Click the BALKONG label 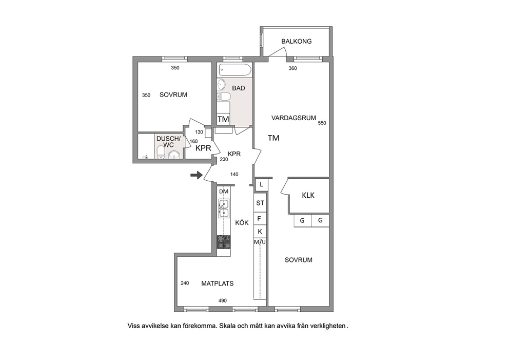click(297, 41)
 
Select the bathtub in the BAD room click(236, 69)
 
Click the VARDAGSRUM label click(293, 118)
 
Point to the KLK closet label click(308, 195)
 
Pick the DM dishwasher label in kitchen click(224, 192)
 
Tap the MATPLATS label click(217, 283)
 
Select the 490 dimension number click(222, 300)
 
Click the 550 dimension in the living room click(322, 123)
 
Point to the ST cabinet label click(260, 203)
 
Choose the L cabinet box click(261, 184)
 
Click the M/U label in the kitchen click(260, 242)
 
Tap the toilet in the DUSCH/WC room click(161, 152)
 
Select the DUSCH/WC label click(168, 142)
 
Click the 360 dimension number click(292, 68)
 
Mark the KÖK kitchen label click(242, 222)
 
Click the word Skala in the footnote click(227, 326)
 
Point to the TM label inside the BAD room click(223, 119)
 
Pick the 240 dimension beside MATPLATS click(185, 283)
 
